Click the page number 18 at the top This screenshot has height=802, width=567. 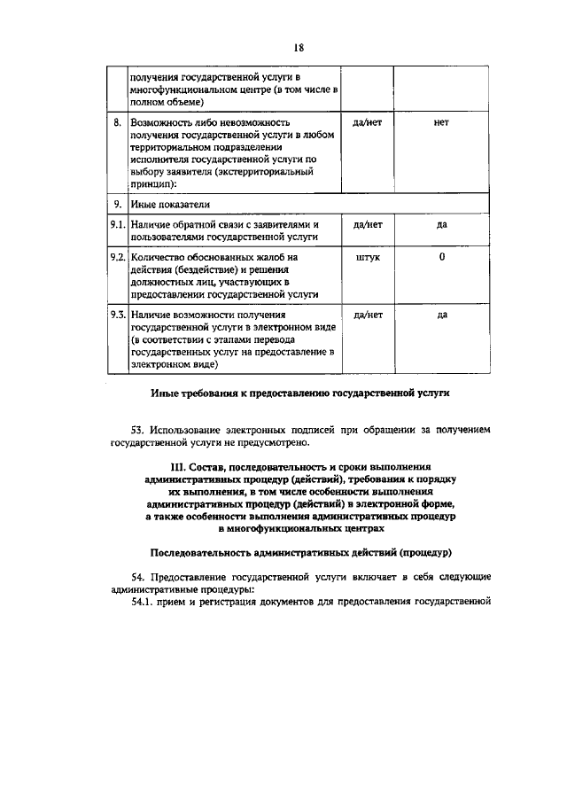coord(299,48)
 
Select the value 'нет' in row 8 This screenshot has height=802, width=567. coord(441,122)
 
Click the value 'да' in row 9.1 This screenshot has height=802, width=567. coord(441,225)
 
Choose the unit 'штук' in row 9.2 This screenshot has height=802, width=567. coord(367,258)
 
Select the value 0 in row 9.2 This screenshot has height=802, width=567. coord(441,258)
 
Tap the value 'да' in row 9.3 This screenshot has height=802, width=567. coord(441,315)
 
